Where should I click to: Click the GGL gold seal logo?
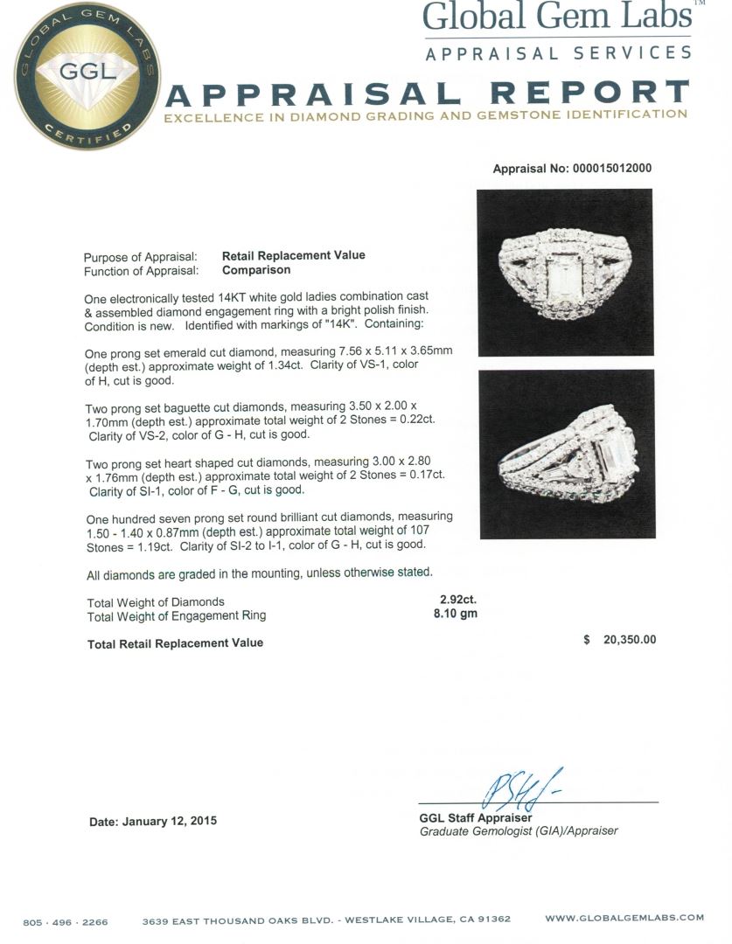87,76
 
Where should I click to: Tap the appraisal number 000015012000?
572,169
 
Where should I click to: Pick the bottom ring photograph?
567,454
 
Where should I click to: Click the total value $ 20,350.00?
619,640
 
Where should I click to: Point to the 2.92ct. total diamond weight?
458,600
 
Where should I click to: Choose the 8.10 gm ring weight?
458,614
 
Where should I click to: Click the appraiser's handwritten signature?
516,789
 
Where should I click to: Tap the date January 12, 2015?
153,822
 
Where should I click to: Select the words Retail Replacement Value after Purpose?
293,255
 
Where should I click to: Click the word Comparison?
255,270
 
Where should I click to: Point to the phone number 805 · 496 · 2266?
66,920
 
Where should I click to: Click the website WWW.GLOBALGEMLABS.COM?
624,918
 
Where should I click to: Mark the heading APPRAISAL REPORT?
427,93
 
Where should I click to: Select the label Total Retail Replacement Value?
175,643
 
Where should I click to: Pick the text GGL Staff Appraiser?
476,818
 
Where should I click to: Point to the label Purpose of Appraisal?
140,257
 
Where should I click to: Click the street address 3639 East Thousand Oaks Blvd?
239,920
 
